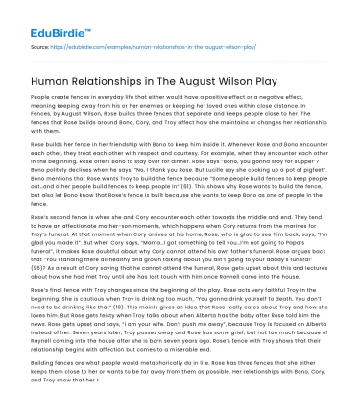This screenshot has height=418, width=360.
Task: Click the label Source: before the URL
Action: [x=41, y=44]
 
